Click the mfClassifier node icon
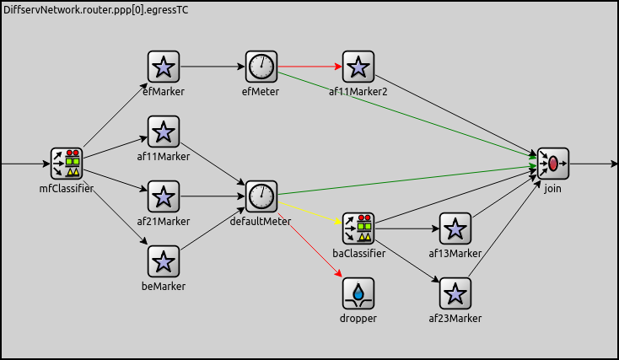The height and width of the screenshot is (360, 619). point(66,164)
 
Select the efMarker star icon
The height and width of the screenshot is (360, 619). point(164,67)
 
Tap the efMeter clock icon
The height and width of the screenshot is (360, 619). point(261,67)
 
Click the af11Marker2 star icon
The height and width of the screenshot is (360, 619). point(358,67)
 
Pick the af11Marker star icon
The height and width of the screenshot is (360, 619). point(164,132)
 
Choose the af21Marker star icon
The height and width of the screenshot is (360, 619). point(164,196)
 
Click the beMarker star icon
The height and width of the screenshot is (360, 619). point(164,261)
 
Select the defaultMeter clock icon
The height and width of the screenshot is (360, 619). point(261,196)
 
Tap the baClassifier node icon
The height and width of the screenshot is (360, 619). point(358,228)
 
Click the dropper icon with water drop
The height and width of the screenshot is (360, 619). point(358,293)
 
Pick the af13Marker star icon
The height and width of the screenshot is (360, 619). point(455,228)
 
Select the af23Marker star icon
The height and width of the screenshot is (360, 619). point(455,293)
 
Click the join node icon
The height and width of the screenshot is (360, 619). point(553,164)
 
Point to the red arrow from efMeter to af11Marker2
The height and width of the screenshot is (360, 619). point(309,66)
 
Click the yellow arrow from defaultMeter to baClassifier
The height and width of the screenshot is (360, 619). point(309,212)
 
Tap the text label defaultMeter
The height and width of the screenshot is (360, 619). point(261,221)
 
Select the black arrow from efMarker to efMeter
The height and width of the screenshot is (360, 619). point(213,66)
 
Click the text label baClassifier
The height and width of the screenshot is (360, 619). point(358,253)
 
